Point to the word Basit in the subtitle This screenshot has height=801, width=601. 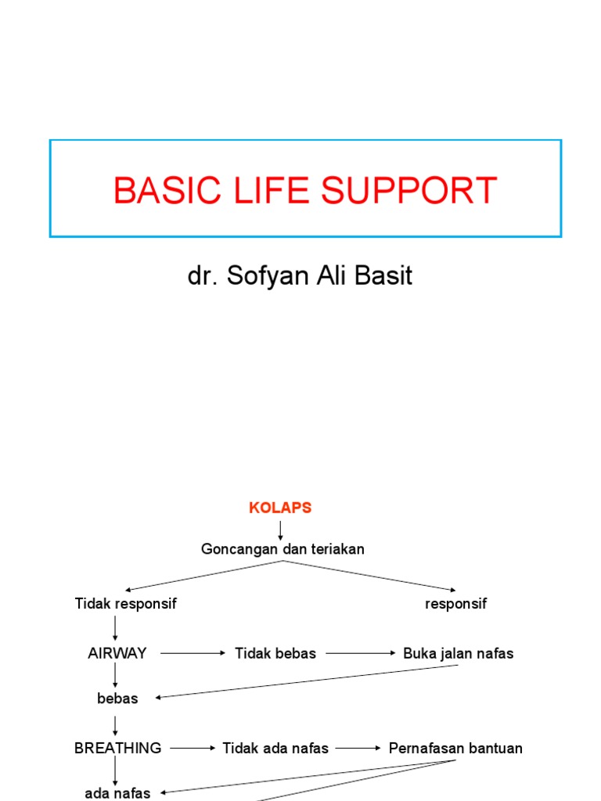coord(383,277)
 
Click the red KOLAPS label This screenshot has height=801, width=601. coord(280,508)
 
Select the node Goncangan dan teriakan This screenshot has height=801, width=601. coord(283,549)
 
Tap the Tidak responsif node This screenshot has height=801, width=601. coord(126,604)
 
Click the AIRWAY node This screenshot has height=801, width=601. coord(117,653)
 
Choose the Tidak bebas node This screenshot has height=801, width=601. coord(275,653)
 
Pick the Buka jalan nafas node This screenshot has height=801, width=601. coord(459,653)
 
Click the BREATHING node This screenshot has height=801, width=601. coord(118,748)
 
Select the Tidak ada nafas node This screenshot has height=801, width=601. coord(275,748)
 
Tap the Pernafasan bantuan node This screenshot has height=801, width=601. coord(455,748)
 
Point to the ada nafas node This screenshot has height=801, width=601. coord(117,793)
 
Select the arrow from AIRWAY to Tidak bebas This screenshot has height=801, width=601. coord(192,653)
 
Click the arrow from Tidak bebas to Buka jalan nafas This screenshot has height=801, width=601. coord(361,653)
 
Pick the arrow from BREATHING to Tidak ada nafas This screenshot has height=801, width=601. coord(193,748)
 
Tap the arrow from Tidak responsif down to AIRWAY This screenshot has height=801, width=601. coord(116,628)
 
